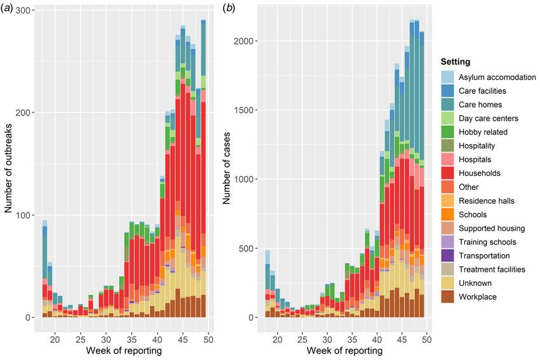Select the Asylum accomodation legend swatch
click(449, 77)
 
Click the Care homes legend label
click(480, 105)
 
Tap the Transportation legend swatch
click(449, 255)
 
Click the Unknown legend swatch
click(449, 283)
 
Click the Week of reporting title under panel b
click(344, 350)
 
